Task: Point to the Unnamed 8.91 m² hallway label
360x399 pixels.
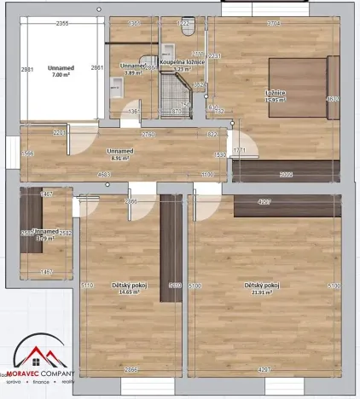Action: point(120,155)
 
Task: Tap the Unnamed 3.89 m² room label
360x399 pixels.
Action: point(132,68)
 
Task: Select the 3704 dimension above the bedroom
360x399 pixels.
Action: point(273,24)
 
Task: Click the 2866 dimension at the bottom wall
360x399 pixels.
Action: point(131,369)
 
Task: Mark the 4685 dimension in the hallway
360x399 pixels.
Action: point(105,175)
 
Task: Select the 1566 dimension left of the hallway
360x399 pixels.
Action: point(27,153)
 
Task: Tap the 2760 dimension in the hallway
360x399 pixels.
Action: point(148,135)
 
